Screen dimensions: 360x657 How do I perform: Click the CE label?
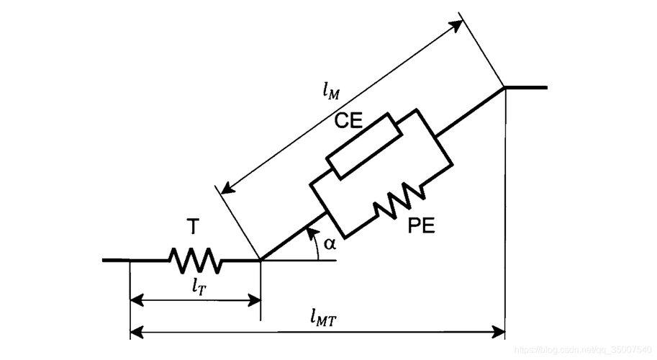[348, 121]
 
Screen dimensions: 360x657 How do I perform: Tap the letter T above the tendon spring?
[193, 228]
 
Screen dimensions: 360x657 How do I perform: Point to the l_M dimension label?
[330, 91]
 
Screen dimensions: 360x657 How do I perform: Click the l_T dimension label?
[201, 285]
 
